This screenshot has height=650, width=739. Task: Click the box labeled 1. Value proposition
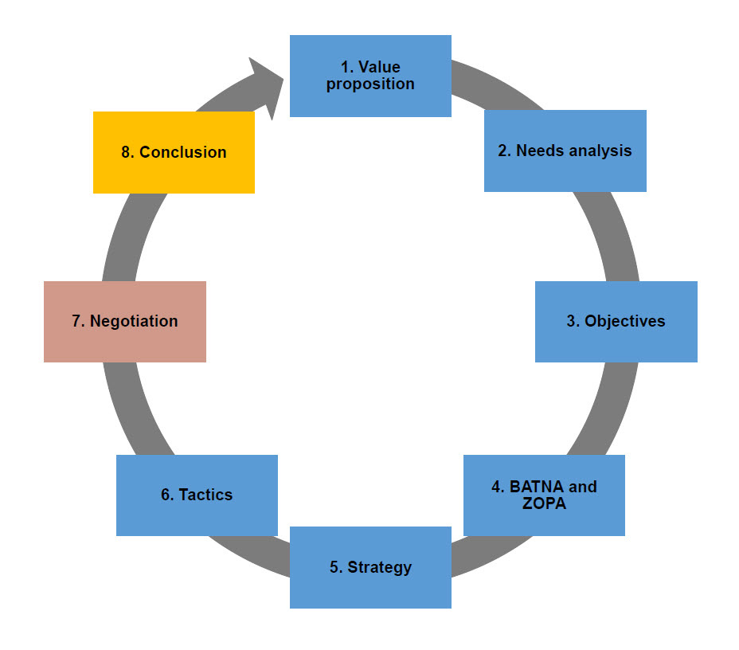click(370, 76)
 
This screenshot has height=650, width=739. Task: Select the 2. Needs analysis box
click(565, 151)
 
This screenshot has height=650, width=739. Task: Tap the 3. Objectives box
click(616, 321)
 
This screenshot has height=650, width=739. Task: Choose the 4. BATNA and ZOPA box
click(544, 495)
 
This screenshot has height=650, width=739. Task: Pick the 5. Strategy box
click(370, 567)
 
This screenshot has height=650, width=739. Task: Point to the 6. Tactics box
click(197, 495)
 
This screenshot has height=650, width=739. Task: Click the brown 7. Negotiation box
click(125, 321)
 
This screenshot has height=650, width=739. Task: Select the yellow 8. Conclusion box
click(174, 152)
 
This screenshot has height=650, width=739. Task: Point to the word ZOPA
click(544, 503)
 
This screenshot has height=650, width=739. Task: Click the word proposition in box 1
click(370, 84)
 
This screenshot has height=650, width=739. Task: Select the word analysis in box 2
click(602, 151)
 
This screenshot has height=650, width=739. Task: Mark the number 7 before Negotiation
click(76, 321)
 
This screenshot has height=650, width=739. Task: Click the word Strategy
click(379, 567)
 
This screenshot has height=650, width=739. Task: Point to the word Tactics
click(205, 495)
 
